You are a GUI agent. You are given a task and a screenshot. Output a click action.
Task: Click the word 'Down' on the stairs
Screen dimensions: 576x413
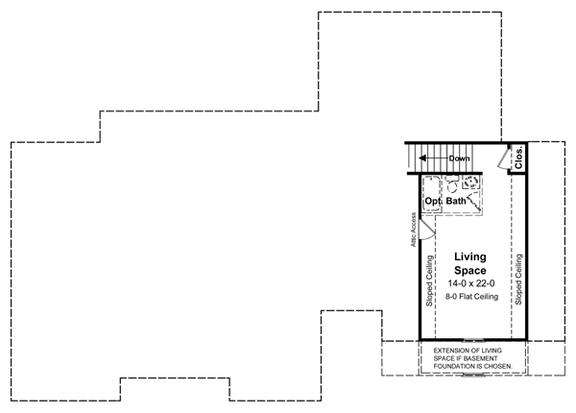(459, 158)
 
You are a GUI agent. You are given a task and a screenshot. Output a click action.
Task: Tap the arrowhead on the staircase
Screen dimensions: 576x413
(422, 158)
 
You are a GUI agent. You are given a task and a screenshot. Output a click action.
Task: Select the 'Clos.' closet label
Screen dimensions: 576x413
(518, 158)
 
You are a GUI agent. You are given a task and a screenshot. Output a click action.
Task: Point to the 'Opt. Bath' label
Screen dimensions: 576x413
(445, 201)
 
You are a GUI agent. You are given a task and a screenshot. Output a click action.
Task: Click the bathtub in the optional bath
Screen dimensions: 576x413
(432, 194)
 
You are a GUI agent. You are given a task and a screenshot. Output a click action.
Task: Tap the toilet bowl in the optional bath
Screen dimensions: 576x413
(452, 185)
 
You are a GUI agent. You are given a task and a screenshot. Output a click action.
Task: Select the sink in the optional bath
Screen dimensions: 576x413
(470, 182)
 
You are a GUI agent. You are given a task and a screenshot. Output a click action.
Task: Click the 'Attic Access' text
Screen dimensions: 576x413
(413, 230)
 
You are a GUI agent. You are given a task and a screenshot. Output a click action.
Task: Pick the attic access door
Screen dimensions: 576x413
(427, 230)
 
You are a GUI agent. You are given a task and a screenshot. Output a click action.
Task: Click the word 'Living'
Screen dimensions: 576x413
(470, 256)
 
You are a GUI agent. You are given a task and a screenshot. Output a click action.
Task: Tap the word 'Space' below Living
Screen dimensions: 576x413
(470, 271)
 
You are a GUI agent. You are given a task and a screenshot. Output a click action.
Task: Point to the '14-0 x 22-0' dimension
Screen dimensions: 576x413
(471, 283)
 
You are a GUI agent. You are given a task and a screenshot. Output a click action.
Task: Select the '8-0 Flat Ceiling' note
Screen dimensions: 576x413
(471, 296)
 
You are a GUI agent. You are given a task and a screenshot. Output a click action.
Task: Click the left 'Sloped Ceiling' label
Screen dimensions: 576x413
(429, 280)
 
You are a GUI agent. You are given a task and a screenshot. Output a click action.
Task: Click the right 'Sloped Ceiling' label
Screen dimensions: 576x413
(518, 279)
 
